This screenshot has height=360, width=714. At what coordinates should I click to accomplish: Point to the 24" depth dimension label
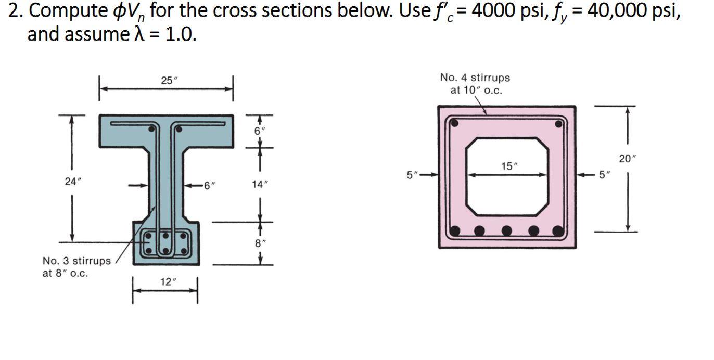72,182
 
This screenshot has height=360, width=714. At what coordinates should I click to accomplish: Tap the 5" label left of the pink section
413,175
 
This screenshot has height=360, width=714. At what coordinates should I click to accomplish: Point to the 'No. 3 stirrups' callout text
76,261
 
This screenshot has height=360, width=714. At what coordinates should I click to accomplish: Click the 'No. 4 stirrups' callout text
475,78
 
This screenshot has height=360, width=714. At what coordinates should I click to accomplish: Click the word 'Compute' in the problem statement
62,11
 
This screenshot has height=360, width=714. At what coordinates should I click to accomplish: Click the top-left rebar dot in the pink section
454,124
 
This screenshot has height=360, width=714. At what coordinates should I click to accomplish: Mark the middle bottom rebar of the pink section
506,230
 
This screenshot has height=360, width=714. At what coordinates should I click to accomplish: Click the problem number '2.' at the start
15,11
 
